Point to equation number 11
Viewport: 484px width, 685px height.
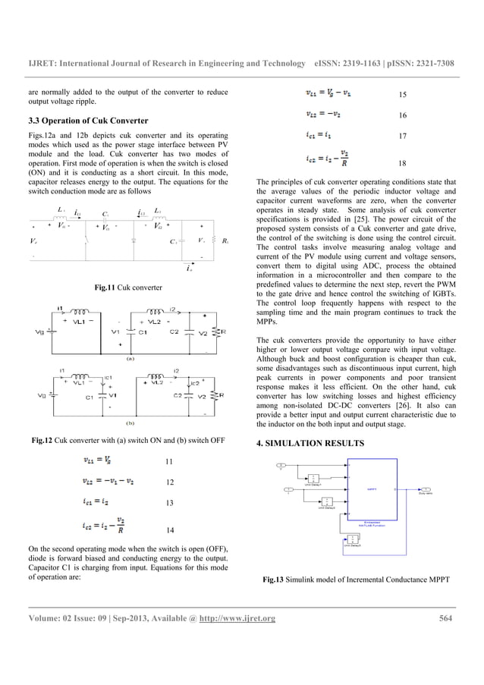[169, 462]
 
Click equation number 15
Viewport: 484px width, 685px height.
[403, 96]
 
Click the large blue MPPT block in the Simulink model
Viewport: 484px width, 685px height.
[372, 491]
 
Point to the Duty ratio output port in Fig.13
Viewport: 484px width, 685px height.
[426, 490]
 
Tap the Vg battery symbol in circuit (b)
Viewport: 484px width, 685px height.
[50, 396]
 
